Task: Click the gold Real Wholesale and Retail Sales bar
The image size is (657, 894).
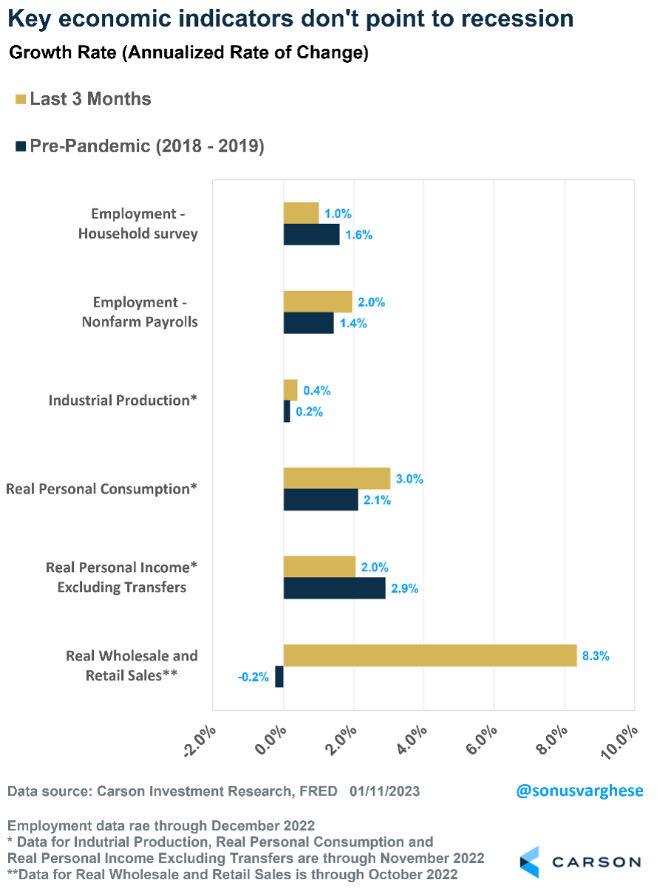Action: tap(429, 655)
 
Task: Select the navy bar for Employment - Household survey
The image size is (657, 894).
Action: tap(311, 235)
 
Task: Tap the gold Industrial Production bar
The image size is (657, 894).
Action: tap(290, 390)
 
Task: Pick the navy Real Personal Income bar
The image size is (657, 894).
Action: tap(334, 588)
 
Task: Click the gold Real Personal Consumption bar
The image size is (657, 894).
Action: tap(336, 478)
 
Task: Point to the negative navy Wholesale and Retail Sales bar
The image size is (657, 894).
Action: tap(279, 677)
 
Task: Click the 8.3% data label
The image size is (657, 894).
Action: tap(595, 655)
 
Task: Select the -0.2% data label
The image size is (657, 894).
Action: tap(253, 677)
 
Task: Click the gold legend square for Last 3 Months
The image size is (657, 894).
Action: tap(20, 99)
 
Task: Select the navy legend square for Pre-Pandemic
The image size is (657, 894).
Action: tap(20, 146)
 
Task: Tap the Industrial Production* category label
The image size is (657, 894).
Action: tap(123, 400)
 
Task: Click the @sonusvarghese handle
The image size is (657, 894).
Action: tap(579, 791)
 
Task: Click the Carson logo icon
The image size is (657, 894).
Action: tap(530, 862)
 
